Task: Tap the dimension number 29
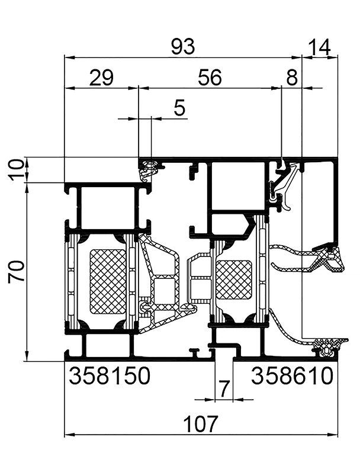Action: (x=101, y=78)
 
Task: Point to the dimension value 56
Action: (x=208, y=78)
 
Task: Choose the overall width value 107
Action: (x=201, y=424)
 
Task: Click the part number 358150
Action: (x=111, y=375)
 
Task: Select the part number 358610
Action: (x=293, y=375)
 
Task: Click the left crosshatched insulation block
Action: (x=108, y=281)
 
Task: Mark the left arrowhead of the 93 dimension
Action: (x=67, y=57)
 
